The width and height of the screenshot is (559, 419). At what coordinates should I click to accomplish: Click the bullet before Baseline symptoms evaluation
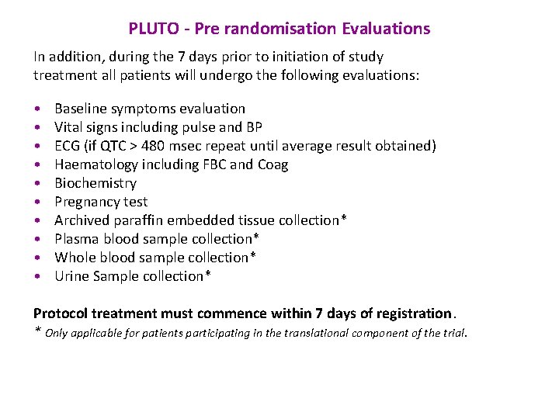(37, 109)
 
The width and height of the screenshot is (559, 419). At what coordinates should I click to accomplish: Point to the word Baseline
(80, 109)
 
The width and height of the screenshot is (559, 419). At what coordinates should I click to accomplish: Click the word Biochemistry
(95, 183)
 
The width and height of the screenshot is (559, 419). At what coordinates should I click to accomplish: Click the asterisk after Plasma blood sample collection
(256, 237)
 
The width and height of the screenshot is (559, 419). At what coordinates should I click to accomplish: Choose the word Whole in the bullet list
(74, 258)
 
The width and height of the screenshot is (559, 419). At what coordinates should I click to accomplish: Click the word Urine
(71, 276)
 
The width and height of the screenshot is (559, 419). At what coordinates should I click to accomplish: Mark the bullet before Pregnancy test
(37, 203)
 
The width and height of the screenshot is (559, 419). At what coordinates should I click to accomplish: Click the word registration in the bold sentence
(414, 313)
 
